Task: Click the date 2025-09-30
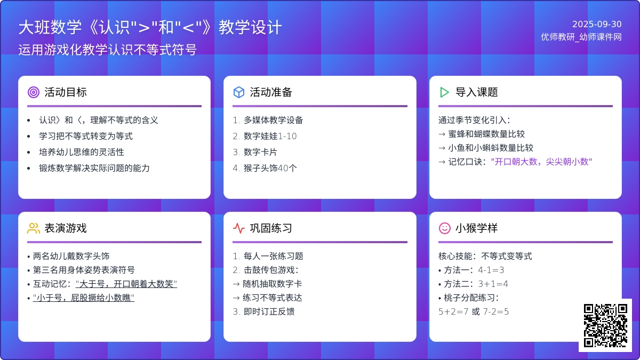pos(597,25)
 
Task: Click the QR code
pos(605,325)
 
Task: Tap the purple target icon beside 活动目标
pos(34,92)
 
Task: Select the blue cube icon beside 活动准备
pos(239,92)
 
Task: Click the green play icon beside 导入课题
pos(444,92)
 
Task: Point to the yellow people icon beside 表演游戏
pos(34,228)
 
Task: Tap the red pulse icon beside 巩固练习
pos(239,228)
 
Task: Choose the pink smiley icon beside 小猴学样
pos(445,228)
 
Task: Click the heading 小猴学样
pos(477,228)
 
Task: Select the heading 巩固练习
pos(271,228)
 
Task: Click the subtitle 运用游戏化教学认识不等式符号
pos(107,50)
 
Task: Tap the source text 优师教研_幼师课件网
pos(581,37)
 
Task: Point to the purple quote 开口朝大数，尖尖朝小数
pos(541,162)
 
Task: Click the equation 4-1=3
pos(491,270)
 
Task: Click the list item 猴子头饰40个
pos(270,168)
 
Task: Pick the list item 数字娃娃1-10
pos(270,136)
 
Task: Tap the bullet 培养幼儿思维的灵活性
pos(82,152)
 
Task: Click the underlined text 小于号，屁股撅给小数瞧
pos(83,298)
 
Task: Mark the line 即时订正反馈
pos(269,311)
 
